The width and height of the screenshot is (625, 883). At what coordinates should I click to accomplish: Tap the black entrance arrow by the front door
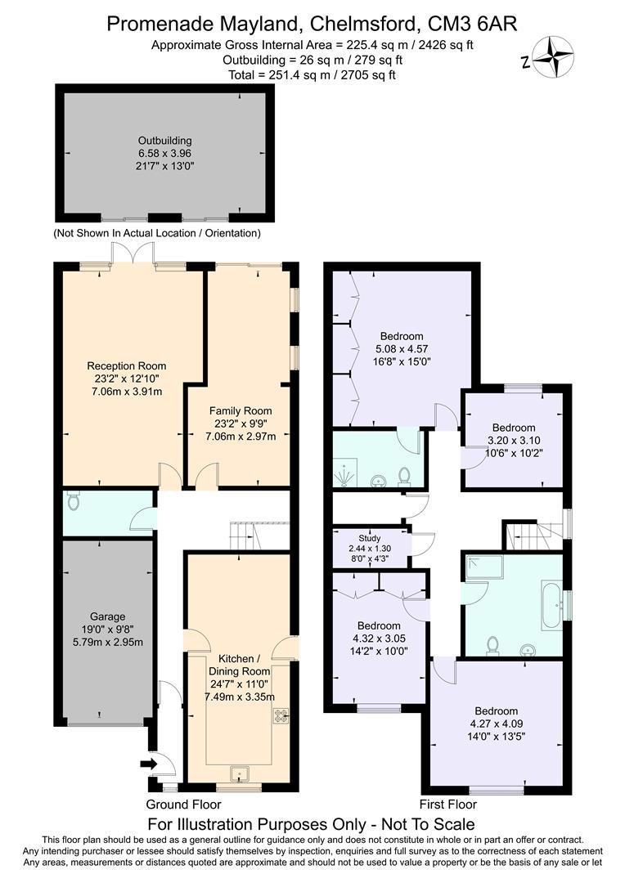(147, 764)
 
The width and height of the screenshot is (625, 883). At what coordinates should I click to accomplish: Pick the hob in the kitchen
(282, 715)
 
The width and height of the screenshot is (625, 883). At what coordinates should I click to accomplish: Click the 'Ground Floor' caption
(183, 804)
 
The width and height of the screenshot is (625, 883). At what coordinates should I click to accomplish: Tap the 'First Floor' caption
(447, 804)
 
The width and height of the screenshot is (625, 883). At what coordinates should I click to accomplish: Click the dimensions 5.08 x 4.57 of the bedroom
(402, 348)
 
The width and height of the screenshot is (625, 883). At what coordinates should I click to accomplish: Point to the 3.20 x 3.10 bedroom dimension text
(513, 440)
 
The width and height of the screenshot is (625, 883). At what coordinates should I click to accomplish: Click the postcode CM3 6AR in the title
(471, 25)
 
